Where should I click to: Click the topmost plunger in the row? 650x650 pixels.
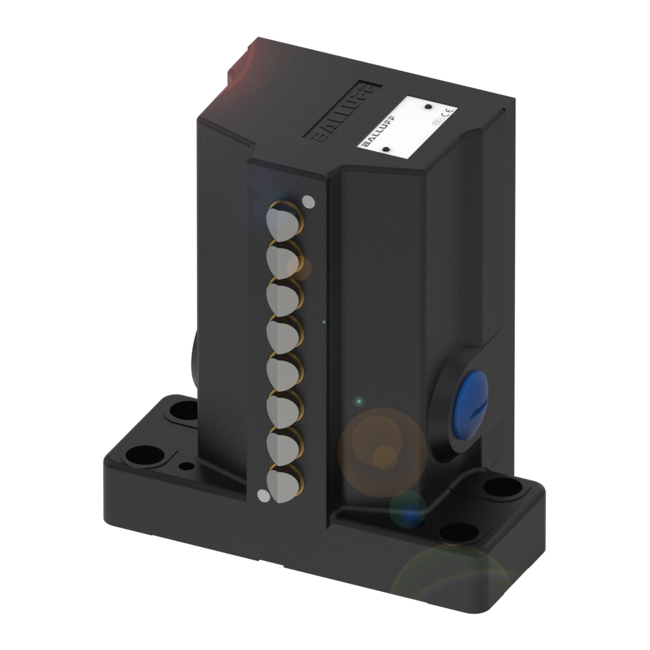click(x=283, y=219)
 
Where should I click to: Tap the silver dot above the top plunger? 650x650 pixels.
click(x=309, y=201)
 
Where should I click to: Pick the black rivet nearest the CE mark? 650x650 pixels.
click(x=428, y=105)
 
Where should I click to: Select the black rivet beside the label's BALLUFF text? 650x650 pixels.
click(x=385, y=149)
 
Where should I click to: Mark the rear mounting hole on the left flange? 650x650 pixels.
click(x=186, y=410)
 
